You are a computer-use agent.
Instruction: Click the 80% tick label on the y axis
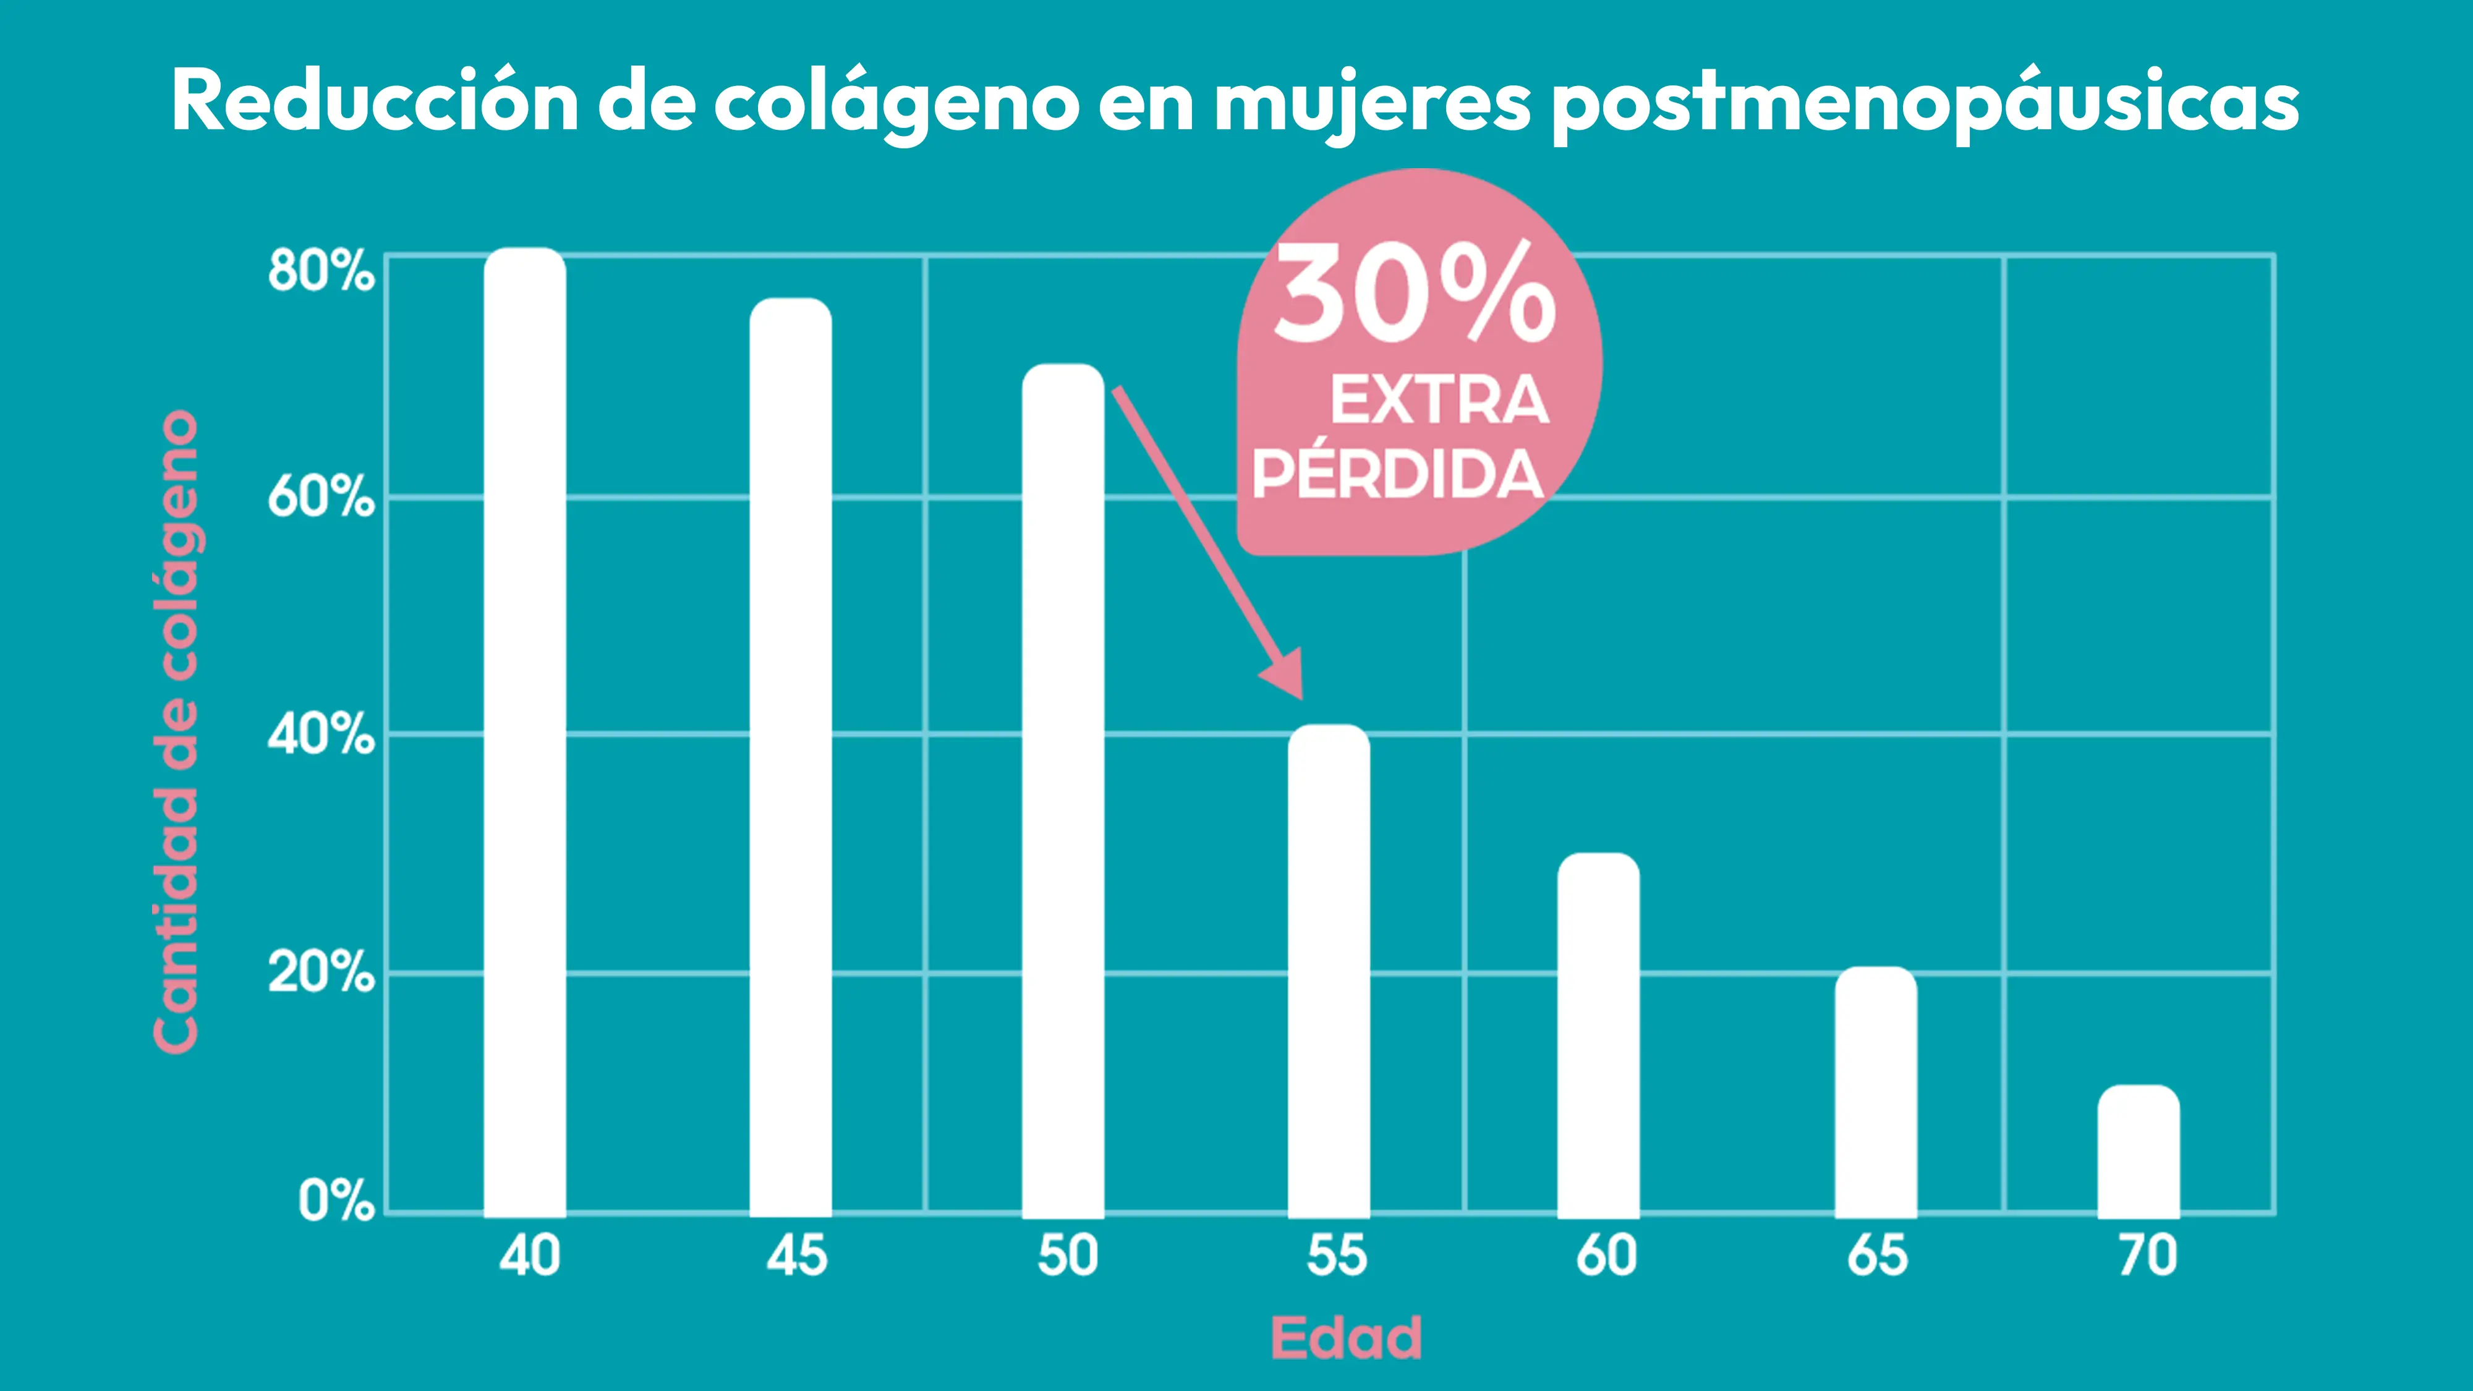click(321, 271)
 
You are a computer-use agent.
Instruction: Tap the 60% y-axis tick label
click(321, 497)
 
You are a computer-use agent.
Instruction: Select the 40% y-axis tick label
click(321, 734)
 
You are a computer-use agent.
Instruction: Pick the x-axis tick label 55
click(1336, 1256)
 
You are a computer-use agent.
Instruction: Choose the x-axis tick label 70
click(2148, 1256)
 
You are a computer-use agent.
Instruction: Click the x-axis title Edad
click(1346, 1337)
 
